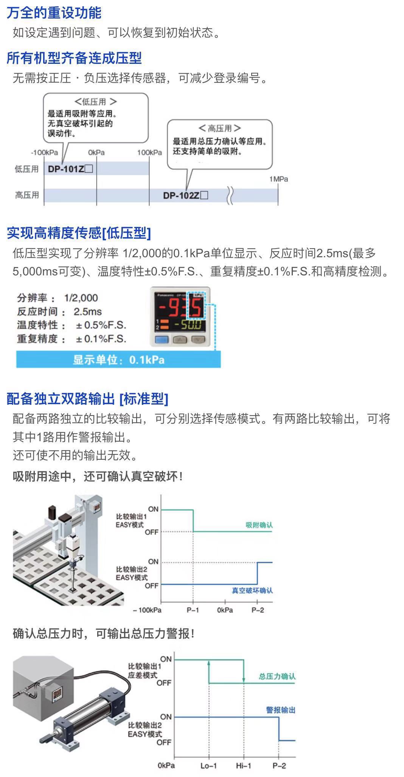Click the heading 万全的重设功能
[x=54, y=13]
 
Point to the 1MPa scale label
[x=278, y=179]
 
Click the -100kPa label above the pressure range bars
[x=44, y=153]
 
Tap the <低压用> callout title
[x=96, y=102]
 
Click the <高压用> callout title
[x=219, y=128]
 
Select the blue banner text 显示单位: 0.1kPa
[x=118, y=360]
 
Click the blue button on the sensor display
[x=162, y=340]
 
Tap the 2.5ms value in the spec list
[x=88, y=312]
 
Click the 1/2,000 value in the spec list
[x=81, y=298]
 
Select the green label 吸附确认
[x=259, y=525]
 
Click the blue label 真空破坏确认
[x=252, y=590]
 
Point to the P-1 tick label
[x=193, y=610]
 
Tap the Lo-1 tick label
[x=208, y=766]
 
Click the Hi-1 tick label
[x=243, y=766]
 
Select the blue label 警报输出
[x=281, y=710]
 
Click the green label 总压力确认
[x=277, y=677]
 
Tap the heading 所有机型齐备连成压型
[x=74, y=58]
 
